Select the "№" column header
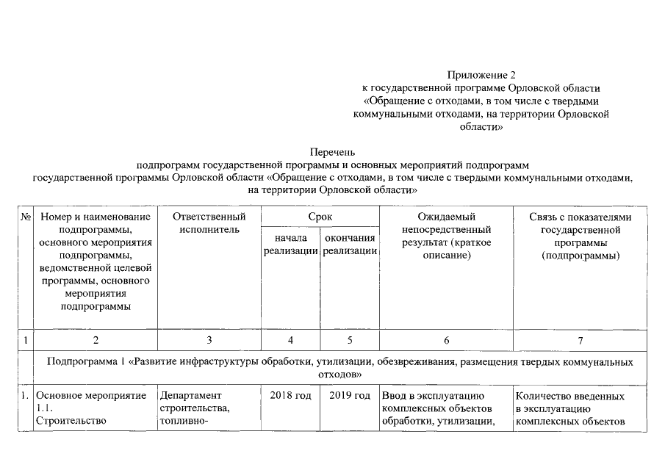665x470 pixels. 26,217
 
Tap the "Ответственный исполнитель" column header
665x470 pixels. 209,223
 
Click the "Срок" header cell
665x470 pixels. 320,217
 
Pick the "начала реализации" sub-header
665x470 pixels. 290,245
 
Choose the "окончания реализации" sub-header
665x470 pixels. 351,245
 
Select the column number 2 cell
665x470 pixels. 96,340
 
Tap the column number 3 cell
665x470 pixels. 209,340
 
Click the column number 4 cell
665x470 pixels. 290,340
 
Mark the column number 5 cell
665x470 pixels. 350,340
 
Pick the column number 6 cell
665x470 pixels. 446,340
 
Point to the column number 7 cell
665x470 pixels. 580,340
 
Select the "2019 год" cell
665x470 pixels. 350,397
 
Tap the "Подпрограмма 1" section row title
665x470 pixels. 339,368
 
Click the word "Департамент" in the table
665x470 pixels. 190,397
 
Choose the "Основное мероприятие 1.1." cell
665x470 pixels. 91,402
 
